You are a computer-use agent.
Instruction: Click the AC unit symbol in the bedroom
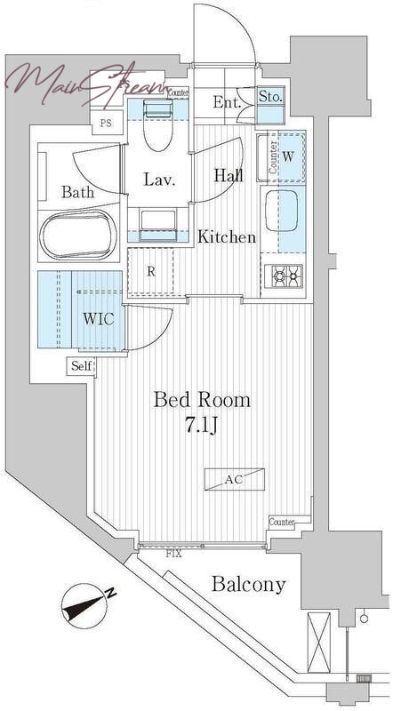234,479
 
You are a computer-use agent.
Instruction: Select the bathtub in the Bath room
78,235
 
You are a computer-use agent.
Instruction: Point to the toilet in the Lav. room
158,125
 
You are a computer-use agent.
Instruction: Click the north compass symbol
86,605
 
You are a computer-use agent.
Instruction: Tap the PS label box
107,123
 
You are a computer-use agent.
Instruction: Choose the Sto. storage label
270,96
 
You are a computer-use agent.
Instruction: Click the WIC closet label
98,319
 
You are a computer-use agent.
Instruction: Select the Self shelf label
82,365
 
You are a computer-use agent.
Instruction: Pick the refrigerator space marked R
151,272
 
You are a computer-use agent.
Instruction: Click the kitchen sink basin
281,211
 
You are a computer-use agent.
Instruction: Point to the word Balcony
249,585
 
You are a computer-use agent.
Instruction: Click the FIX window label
173,554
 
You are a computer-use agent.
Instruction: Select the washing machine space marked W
287,157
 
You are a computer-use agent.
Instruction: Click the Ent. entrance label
227,103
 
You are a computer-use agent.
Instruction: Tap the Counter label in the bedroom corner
281,522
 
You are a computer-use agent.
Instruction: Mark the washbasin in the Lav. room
158,222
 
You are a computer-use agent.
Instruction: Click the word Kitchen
227,236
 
